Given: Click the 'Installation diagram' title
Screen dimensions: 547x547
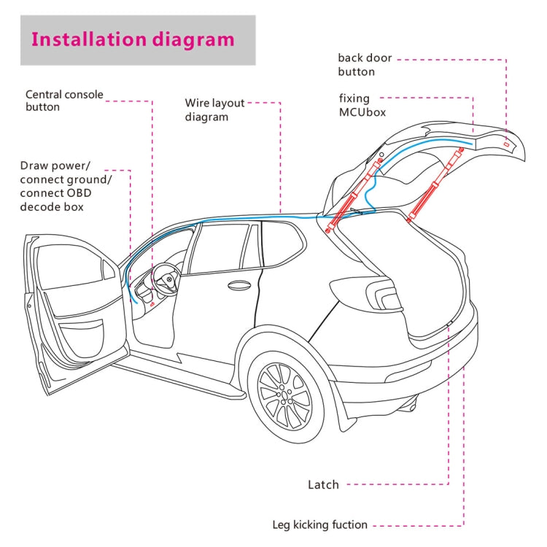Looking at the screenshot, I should (133, 39).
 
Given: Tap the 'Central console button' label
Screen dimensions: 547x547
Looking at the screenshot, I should (64, 101).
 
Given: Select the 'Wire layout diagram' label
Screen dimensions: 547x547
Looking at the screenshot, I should (214, 110).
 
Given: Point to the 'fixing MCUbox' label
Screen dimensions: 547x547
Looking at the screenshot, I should (362, 105).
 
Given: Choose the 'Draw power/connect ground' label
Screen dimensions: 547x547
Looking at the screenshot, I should (66, 186).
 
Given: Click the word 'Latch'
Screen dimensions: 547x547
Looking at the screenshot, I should (323, 484).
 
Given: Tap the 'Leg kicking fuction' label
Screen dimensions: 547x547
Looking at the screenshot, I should (319, 524).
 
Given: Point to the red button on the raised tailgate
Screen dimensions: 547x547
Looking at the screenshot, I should (505, 145).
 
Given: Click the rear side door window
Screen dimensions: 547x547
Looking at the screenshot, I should (219, 248).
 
